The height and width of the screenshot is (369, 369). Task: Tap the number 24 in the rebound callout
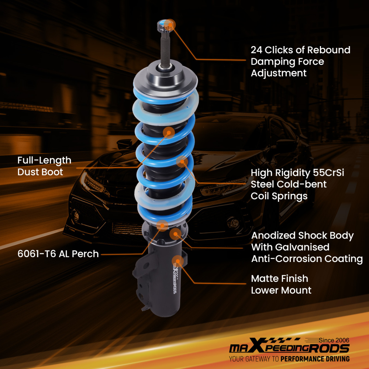257,50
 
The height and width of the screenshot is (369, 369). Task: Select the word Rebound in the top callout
330,50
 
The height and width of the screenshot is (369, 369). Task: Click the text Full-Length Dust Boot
44,166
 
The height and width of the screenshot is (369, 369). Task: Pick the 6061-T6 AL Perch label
58,254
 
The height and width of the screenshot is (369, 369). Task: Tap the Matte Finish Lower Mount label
281,284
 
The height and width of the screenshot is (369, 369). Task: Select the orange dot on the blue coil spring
182,162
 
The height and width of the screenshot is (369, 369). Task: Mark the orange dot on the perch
162,225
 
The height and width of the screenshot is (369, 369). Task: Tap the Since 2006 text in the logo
334,340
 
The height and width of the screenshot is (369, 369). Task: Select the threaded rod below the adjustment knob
165,48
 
